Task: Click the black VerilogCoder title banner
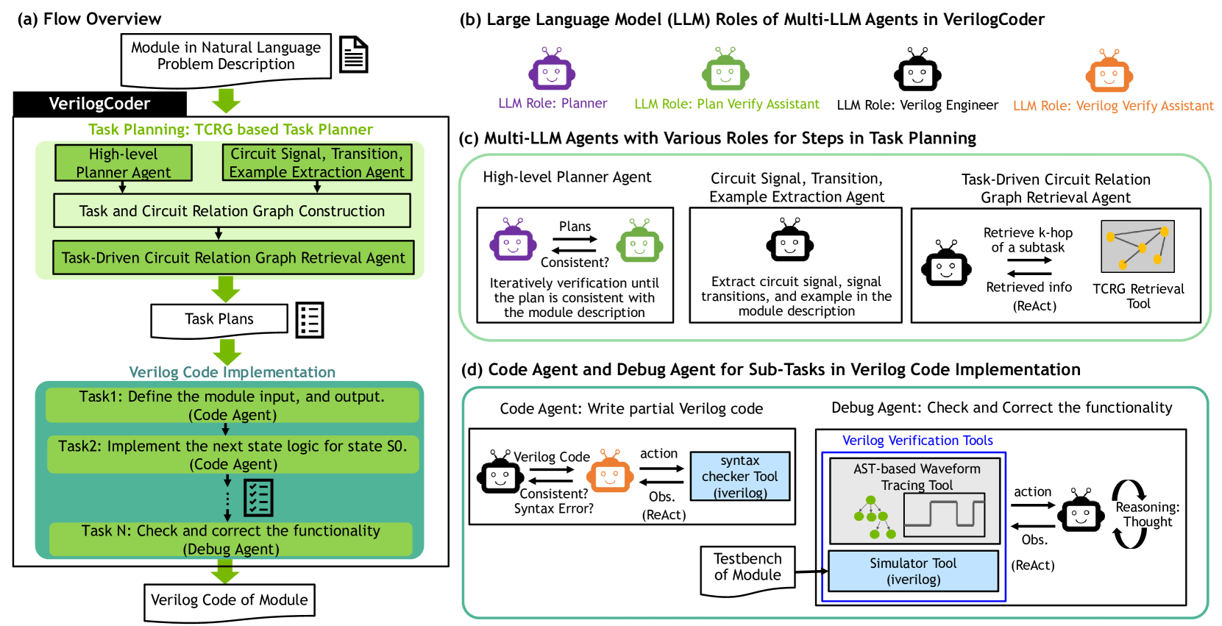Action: (99, 104)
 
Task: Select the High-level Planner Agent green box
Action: (124, 163)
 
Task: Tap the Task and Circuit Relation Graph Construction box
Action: (232, 211)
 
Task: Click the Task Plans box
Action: (219, 319)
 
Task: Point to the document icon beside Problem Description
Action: (353, 55)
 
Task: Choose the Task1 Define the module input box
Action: (232, 405)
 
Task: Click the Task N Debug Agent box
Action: (231, 540)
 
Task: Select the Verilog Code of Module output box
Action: (230, 600)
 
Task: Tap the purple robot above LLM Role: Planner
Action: (552, 71)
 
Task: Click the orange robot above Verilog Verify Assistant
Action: (1109, 72)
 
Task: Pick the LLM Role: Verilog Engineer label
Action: (917, 105)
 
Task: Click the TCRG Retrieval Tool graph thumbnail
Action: (1137, 246)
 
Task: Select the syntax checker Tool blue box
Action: (739, 477)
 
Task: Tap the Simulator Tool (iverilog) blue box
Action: (913, 571)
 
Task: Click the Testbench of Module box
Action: (747, 567)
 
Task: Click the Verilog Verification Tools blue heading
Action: (917, 441)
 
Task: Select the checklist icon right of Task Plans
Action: (310, 320)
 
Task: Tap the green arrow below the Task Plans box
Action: (227, 351)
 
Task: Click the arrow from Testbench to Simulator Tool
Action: (811, 572)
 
